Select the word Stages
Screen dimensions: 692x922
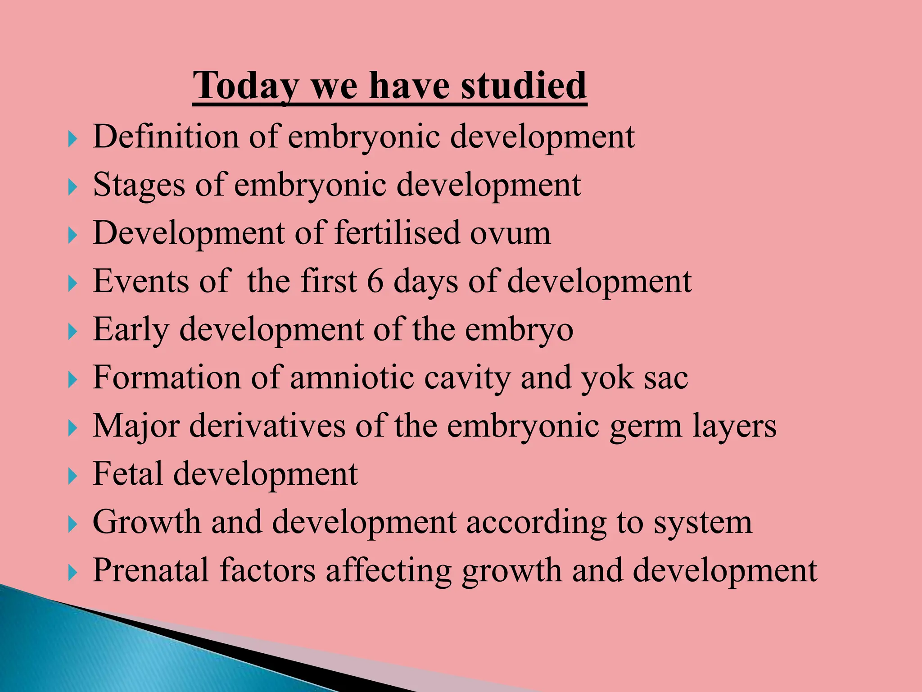click(139, 186)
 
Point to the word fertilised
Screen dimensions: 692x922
click(397, 233)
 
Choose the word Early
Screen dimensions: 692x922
click(131, 331)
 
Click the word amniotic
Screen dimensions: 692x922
click(352, 378)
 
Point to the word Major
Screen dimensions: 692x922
click(136, 427)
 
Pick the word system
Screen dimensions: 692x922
click(702, 524)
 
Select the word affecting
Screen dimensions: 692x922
click(388, 572)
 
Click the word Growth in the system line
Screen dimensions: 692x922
click(146, 523)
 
